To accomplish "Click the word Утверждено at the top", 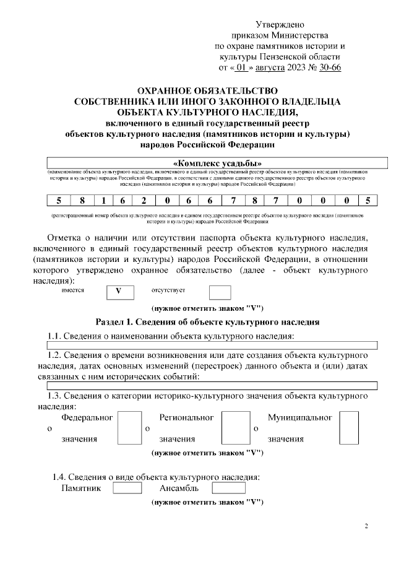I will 280,25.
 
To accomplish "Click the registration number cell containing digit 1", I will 104,200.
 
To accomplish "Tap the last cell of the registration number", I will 368,200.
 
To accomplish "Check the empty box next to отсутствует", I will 220,292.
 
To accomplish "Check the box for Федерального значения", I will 129,428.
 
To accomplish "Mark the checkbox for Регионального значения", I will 236,428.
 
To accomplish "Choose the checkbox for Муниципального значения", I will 349,428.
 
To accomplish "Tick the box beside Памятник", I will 127,489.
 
